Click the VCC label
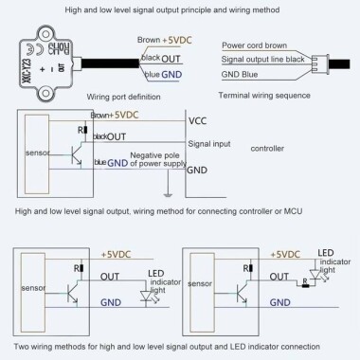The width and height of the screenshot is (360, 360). [x=199, y=122]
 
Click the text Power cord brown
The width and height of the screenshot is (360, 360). [x=255, y=45]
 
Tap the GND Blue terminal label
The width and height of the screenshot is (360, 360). [x=245, y=73]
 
